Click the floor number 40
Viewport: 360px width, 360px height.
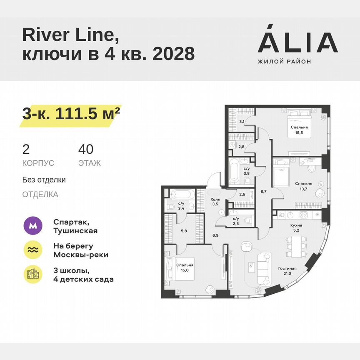[x=86, y=149]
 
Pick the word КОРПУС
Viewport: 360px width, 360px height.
[x=38, y=163]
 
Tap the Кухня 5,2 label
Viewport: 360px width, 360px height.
[x=296, y=227]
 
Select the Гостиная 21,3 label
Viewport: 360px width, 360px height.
[x=287, y=271]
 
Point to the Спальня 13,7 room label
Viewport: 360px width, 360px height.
[x=304, y=185]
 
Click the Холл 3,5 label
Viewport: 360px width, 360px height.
[x=215, y=202]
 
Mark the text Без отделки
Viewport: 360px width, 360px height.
[x=44, y=180]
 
